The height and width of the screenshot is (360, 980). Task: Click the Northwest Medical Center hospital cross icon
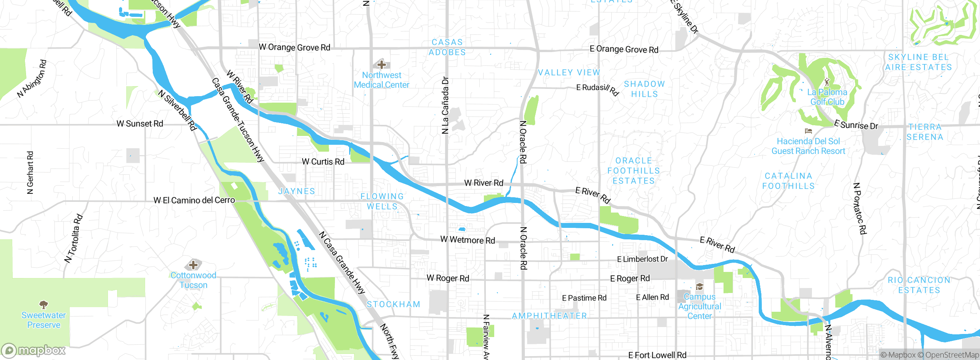(x=381, y=64)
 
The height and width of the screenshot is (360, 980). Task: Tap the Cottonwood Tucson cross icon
(x=193, y=265)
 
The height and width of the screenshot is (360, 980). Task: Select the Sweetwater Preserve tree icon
(x=44, y=304)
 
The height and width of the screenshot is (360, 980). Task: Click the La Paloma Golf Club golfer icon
(x=827, y=82)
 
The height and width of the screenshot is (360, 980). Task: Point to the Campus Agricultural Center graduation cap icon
(x=699, y=286)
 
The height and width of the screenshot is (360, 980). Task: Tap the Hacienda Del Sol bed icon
(x=808, y=131)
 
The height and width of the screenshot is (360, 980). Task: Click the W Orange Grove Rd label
(x=294, y=47)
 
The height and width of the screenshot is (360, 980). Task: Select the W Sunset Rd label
(x=140, y=124)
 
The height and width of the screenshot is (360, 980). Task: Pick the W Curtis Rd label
(x=323, y=162)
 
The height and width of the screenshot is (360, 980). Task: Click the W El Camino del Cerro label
(x=194, y=200)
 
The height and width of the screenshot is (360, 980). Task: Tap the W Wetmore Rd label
(x=467, y=240)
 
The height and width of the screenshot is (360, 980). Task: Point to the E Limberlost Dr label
(x=642, y=259)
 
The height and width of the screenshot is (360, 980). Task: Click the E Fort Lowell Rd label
(x=657, y=355)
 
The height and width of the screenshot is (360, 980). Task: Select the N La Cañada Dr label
(x=445, y=105)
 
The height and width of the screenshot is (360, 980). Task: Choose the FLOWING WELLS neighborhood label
(x=382, y=201)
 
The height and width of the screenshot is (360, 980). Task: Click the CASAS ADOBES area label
(x=447, y=47)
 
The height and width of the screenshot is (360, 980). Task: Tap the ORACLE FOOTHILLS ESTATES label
(x=634, y=171)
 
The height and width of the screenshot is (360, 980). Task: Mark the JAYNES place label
(x=297, y=191)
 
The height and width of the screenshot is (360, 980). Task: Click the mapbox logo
(x=34, y=350)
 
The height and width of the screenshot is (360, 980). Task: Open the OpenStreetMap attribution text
(x=952, y=355)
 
